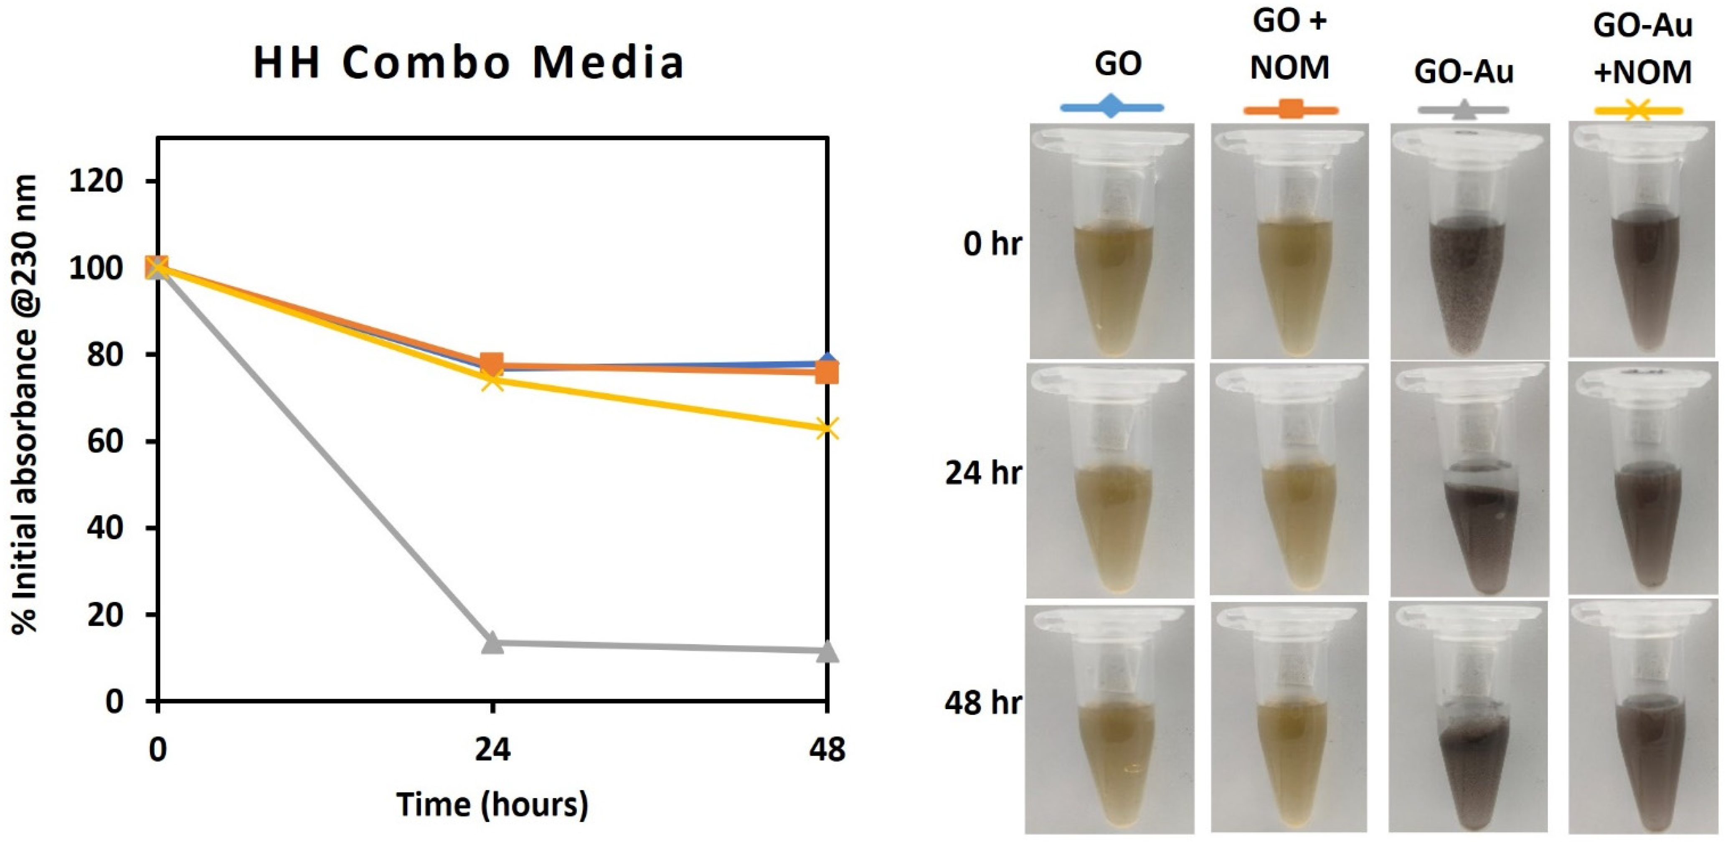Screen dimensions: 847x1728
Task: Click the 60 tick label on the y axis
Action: tap(105, 441)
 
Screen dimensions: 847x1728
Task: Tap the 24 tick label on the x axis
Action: tap(492, 749)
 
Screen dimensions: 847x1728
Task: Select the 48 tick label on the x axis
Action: tap(827, 749)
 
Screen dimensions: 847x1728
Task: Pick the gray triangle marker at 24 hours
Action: tap(492, 642)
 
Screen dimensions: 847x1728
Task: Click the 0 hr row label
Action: tap(992, 244)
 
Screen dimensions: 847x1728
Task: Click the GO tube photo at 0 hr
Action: tap(1112, 241)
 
